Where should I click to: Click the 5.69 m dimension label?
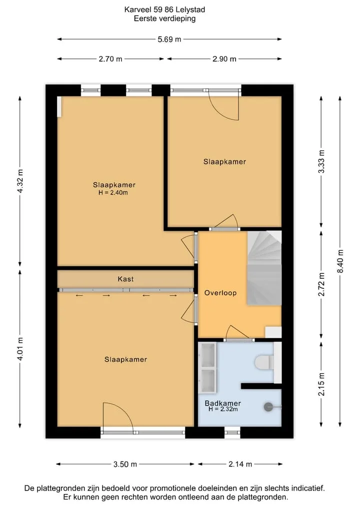pyautogui.click(x=169, y=39)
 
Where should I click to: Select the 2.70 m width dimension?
pyautogui.click(x=110, y=59)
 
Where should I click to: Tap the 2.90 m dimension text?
pyautogui.click(x=224, y=59)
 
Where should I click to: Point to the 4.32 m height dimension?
pyautogui.click(x=20, y=181)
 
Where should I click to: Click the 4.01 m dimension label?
pyautogui.click(x=20, y=349)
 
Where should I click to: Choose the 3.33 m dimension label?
pyautogui.click(x=321, y=162)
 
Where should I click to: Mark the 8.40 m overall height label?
pyautogui.click(x=340, y=261)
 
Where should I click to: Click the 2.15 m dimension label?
pyautogui.click(x=321, y=384)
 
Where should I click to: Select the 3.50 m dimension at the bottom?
pyautogui.click(x=125, y=464)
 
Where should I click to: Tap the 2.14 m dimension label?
pyautogui.click(x=240, y=464)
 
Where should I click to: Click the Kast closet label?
pyautogui.click(x=125, y=279)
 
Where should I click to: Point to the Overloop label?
pyautogui.click(x=220, y=293)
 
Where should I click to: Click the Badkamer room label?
pyautogui.click(x=223, y=404)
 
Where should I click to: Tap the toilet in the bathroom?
pyautogui.click(x=264, y=363)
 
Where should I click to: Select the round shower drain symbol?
pyautogui.click(x=268, y=407)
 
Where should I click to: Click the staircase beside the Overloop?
pyautogui.click(x=264, y=268)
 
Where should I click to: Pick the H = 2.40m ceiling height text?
pyautogui.click(x=113, y=193)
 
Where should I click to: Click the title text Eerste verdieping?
pyautogui.click(x=165, y=18)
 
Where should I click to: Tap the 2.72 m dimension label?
pyautogui.click(x=321, y=284)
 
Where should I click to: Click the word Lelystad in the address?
pyautogui.click(x=190, y=9)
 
